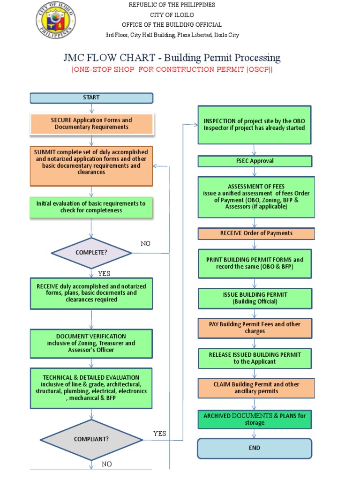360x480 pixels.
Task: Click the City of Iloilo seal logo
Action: point(55,21)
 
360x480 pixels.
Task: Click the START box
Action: point(91,97)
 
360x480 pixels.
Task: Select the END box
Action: point(255,448)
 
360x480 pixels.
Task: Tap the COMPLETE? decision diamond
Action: point(91,253)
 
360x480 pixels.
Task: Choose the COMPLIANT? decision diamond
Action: point(91,439)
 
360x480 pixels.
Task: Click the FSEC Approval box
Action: point(255,161)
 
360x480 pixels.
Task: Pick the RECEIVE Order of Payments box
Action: point(256,233)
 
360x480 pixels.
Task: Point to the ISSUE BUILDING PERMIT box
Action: point(255,298)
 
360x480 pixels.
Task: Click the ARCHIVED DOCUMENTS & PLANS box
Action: point(255,419)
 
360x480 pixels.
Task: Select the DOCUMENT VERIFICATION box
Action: point(91,343)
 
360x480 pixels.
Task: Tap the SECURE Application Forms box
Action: point(91,124)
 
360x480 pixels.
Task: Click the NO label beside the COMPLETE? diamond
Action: point(146,244)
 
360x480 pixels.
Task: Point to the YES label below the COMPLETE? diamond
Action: point(104,273)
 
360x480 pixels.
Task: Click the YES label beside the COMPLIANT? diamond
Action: point(160,434)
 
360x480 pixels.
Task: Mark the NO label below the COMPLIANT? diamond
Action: point(107,464)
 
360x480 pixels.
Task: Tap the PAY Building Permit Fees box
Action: point(255,328)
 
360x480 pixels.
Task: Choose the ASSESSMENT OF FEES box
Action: point(256,197)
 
